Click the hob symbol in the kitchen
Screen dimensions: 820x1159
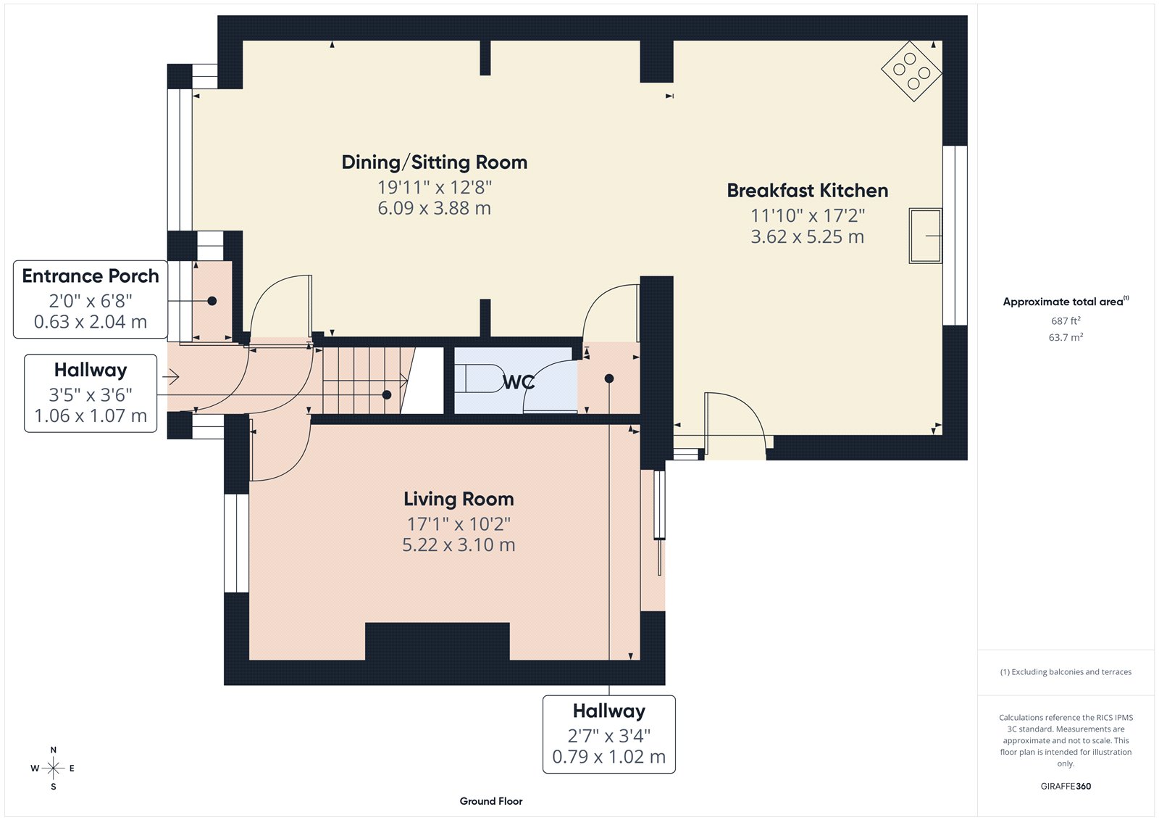pyautogui.click(x=911, y=71)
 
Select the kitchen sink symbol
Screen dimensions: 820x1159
pyautogui.click(x=925, y=236)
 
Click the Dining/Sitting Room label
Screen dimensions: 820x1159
pyautogui.click(x=434, y=162)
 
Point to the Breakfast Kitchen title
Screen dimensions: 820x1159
pyautogui.click(x=807, y=191)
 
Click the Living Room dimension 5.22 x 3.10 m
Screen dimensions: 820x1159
pyautogui.click(x=459, y=545)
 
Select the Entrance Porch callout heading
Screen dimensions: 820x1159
pyautogui.click(x=91, y=276)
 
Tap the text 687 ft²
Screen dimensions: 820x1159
pyautogui.click(x=1066, y=320)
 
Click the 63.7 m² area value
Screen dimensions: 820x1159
pyautogui.click(x=1066, y=337)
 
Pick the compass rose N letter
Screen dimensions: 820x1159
pyautogui.click(x=54, y=750)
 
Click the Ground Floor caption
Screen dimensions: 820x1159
pyautogui.click(x=490, y=801)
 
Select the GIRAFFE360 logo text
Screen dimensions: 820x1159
pyautogui.click(x=1066, y=786)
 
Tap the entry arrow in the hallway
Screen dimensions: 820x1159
pyautogui.click(x=171, y=377)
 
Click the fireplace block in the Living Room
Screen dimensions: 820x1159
pyautogui.click(x=437, y=641)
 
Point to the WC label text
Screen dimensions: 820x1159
pyautogui.click(x=519, y=382)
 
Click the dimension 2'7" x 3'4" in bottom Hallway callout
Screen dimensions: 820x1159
pyautogui.click(x=608, y=736)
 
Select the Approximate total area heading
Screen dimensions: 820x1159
pyautogui.click(x=1063, y=302)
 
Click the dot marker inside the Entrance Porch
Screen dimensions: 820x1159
pyautogui.click(x=212, y=301)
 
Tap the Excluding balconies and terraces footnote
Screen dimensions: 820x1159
pyautogui.click(x=1066, y=672)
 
